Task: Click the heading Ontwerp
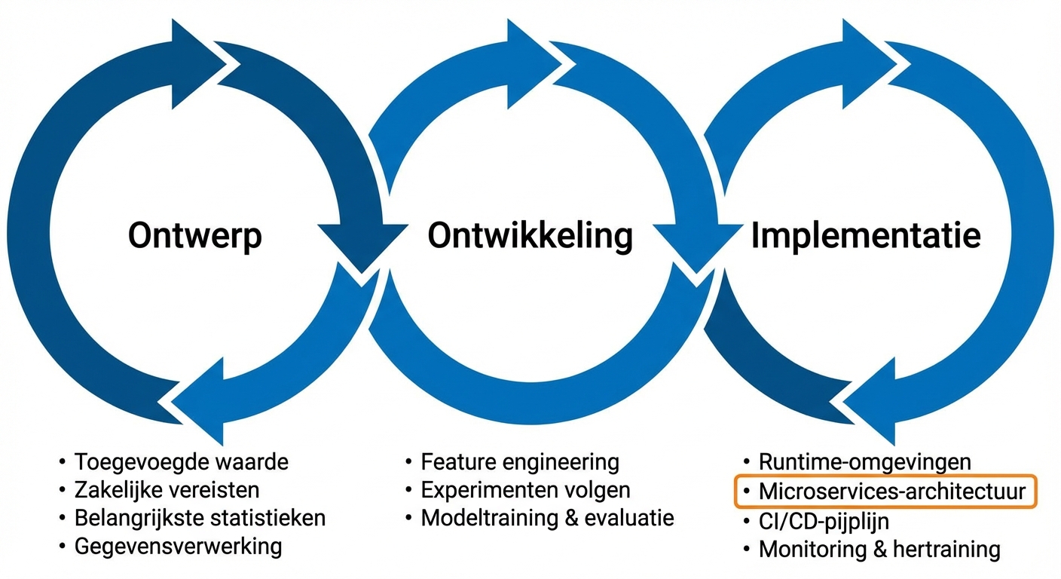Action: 194,236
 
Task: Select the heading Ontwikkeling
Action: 530,236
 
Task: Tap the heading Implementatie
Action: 866,236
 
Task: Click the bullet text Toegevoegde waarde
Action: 181,461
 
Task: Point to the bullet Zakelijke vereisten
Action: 167,490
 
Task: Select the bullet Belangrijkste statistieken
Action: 200,519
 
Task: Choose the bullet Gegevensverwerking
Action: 178,547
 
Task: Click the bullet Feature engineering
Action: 519,461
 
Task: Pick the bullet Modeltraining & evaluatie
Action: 547,519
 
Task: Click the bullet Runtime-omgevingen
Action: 864,461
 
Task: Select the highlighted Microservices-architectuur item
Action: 891,492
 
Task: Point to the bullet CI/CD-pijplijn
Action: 824,520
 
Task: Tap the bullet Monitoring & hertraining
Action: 879,549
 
